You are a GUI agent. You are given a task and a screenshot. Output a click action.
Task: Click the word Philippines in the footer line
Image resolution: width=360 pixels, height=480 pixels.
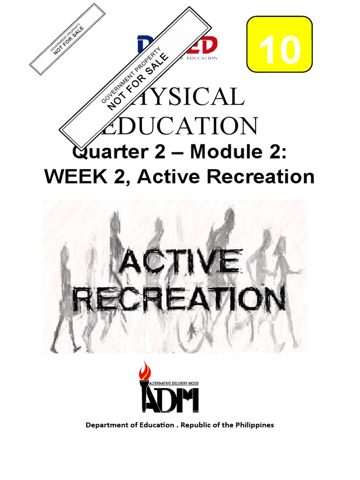(253, 425)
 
